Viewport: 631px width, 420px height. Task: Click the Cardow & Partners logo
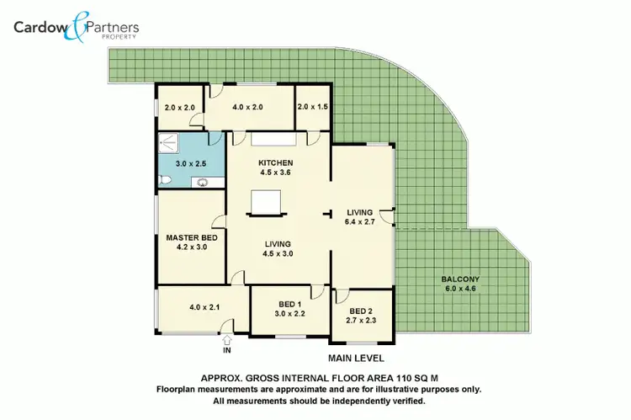[76, 27]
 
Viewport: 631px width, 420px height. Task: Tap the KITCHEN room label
[275, 162]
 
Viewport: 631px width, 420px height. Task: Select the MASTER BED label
[191, 238]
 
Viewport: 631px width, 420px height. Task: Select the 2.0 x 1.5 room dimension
[313, 108]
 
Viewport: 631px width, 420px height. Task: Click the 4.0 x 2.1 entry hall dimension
[204, 307]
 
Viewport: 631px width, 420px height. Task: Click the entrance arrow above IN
[227, 339]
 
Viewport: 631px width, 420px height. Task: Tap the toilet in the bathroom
[165, 180]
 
